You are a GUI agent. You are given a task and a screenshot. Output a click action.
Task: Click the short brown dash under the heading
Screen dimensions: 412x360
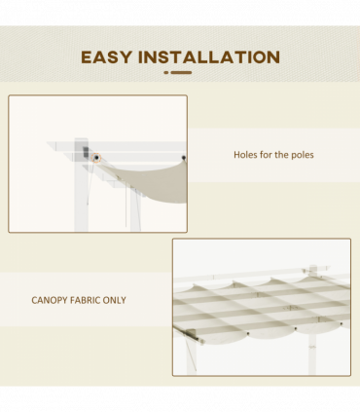click(x=181, y=72)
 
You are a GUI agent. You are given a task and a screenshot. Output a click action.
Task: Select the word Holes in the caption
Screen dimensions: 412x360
click(x=246, y=155)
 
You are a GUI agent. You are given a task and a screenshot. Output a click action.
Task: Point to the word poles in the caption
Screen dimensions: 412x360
click(x=302, y=155)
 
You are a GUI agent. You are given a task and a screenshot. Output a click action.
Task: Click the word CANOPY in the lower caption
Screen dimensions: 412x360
click(x=50, y=300)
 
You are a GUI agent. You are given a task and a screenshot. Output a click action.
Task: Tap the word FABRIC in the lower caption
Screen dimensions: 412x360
click(x=90, y=300)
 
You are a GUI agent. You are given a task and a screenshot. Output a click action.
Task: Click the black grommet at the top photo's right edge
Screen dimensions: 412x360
click(x=182, y=156)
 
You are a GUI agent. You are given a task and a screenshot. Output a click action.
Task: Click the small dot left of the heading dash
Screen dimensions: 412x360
click(x=166, y=72)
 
